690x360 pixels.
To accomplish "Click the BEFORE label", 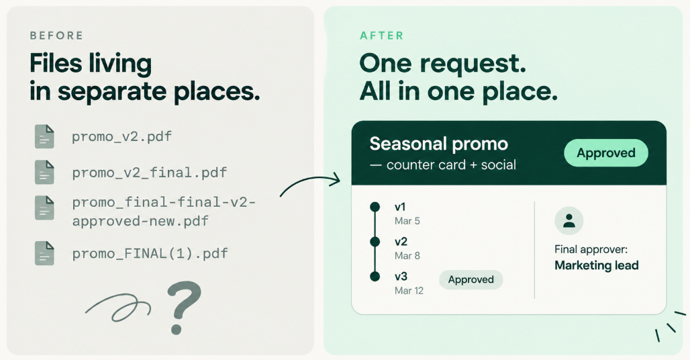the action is coord(56,36).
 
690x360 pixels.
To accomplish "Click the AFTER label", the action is coord(381,36).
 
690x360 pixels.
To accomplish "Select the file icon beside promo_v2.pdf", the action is coord(44,136).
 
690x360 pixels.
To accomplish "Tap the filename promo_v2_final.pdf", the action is coord(150,173).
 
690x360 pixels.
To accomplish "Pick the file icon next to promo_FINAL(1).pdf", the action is coord(44,253).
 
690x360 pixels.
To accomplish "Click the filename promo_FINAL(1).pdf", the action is coord(150,253).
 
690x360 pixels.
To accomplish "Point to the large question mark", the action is coord(183,308).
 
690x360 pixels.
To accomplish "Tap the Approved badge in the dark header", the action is coord(606,153).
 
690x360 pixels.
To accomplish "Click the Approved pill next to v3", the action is coord(471,279).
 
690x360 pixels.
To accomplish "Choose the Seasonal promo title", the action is coord(439,144).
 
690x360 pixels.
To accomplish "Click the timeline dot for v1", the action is coord(375,207).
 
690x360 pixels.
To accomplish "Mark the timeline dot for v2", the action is coord(375,242).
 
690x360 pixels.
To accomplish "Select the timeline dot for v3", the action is coord(375,277).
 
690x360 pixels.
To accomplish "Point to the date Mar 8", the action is coord(407,256).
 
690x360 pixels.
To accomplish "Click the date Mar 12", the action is coord(409,290).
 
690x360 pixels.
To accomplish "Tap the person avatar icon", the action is coord(569,220).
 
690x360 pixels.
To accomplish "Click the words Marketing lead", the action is coord(596,265).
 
